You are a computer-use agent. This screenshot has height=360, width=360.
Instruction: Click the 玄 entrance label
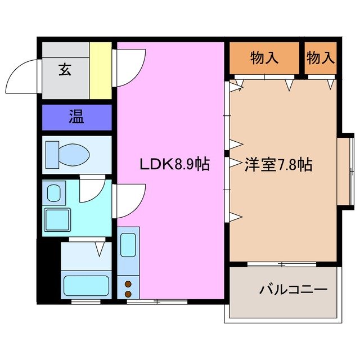65,70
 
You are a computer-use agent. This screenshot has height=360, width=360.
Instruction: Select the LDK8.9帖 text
175,164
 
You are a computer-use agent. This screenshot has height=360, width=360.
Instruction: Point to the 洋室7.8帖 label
278,164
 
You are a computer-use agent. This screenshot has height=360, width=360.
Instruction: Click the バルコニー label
293,290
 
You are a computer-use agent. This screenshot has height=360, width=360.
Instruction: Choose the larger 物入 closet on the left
263,57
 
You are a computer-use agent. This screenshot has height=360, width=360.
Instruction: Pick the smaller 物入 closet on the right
321,57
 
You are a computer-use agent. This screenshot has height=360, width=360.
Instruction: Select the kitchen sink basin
129,245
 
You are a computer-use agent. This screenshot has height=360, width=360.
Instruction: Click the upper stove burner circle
128,284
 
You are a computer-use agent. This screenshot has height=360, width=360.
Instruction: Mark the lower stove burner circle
128,294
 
